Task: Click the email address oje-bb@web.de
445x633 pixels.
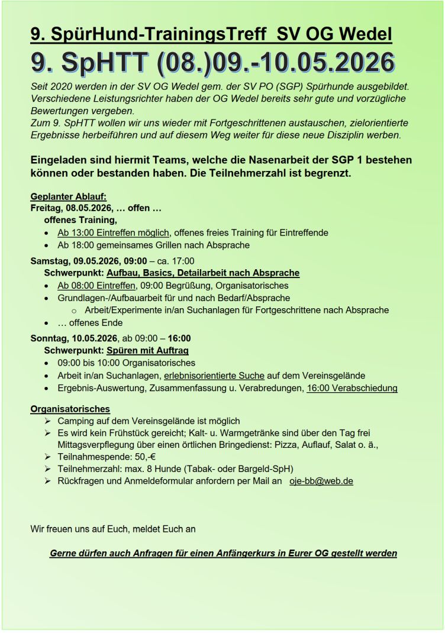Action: [321, 481]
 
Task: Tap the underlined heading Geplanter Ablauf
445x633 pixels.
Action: [68, 197]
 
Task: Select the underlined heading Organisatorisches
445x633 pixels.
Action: [70, 409]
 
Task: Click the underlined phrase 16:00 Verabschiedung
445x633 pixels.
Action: [352, 388]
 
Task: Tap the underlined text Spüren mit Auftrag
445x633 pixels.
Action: [147, 351]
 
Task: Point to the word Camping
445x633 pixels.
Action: [75, 421]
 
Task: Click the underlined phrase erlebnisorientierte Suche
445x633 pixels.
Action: [214, 376]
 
